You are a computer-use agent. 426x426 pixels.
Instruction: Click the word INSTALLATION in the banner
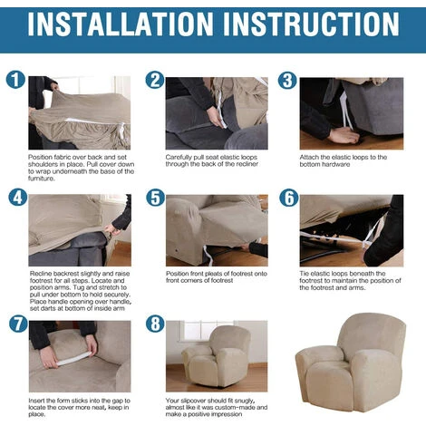point(121,24)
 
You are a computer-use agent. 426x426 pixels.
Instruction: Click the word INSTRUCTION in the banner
point(311,24)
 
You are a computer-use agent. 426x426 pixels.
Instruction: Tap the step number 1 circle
point(15,80)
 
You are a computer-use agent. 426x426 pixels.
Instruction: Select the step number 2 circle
point(155,80)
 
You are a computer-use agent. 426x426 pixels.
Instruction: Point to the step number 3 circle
point(287,80)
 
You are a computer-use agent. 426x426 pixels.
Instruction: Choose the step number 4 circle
point(18,198)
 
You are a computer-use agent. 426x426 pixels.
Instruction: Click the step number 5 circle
point(156,198)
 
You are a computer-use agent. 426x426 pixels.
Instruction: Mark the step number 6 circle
point(289,198)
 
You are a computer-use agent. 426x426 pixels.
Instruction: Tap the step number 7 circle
point(18,324)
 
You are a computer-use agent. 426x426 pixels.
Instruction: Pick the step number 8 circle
point(155,324)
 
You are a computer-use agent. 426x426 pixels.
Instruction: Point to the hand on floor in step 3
point(344,136)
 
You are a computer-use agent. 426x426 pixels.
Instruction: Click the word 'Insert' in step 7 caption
point(37,401)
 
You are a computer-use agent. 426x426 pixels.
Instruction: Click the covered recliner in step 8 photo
point(217,356)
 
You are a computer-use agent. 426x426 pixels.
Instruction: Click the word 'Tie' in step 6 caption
point(305,274)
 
